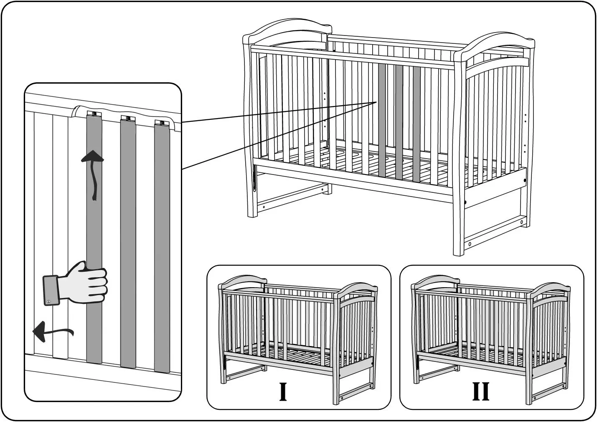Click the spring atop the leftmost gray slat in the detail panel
click(x=94, y=114)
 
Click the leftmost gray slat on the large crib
click(x=382, y=120)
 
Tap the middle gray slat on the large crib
click(x=399, y=122)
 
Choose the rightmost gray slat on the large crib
click(x=417, y=124)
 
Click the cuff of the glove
click(x=51, y=291)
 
